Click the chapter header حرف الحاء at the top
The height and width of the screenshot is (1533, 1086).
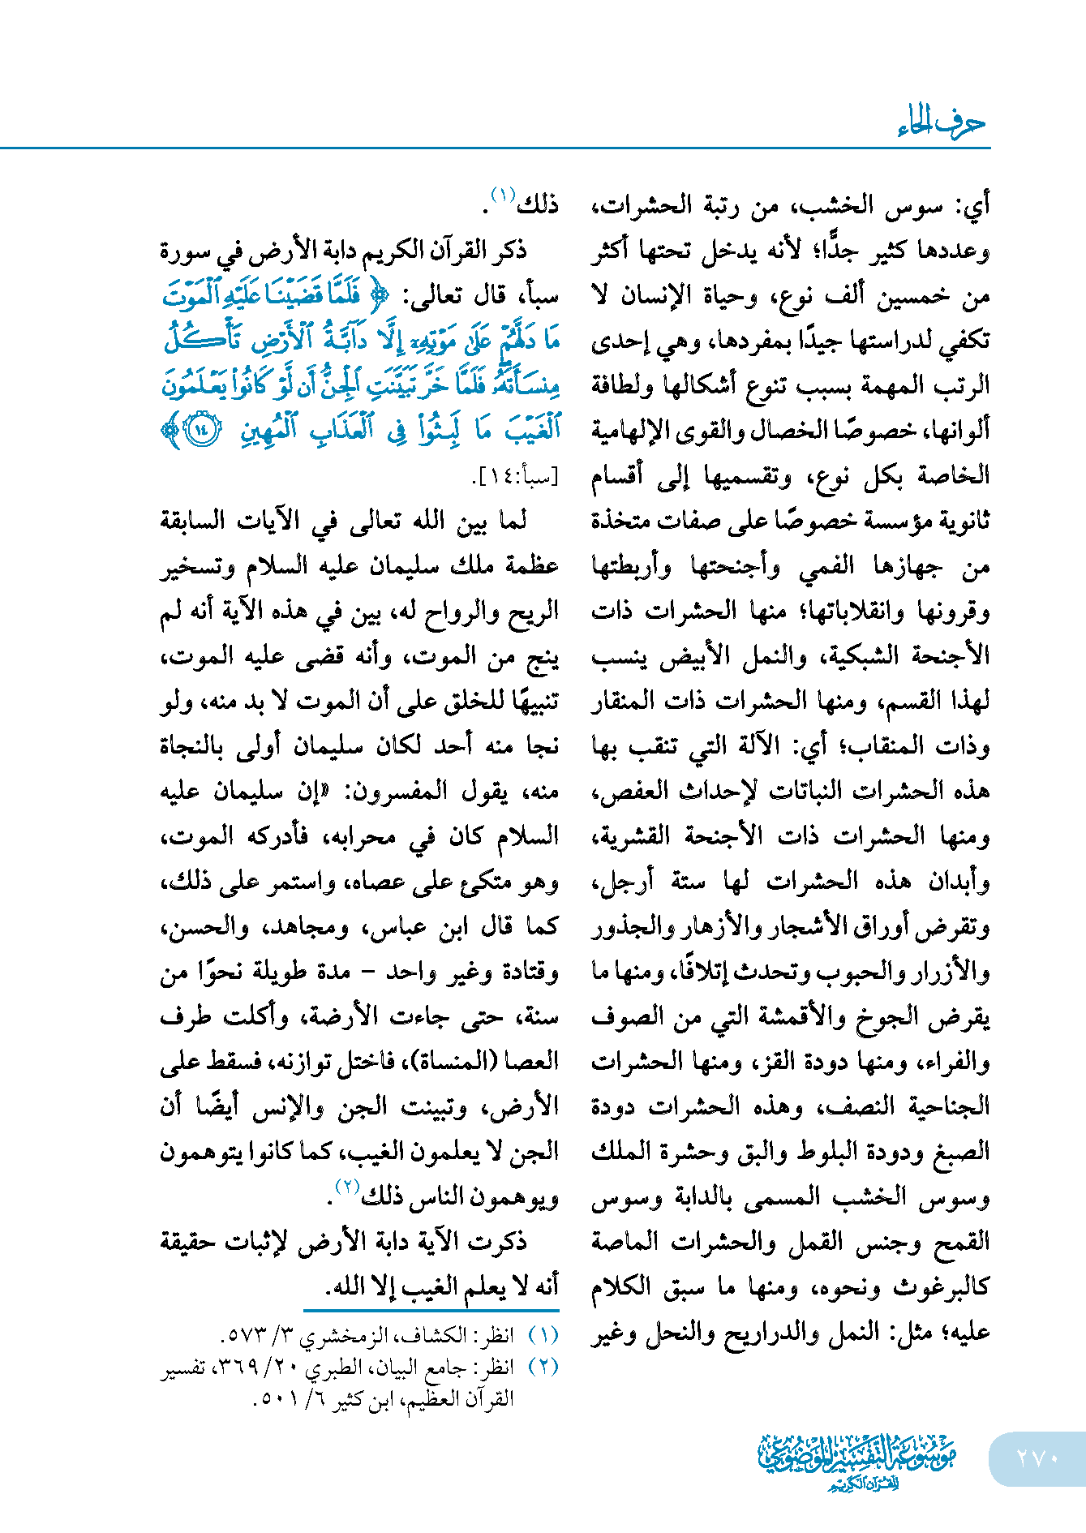pos(941,124)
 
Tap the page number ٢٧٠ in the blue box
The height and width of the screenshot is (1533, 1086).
pos(1037,1458)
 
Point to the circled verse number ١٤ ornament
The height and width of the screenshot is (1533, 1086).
pos(202,429)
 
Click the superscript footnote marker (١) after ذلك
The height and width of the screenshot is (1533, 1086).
pos(503,195)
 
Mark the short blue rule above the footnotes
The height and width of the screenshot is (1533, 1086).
pos(431,1310)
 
